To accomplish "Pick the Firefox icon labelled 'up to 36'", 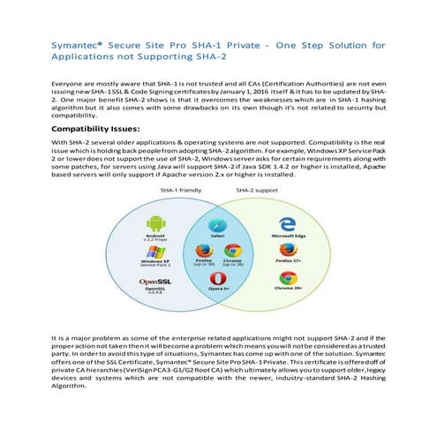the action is [201, 250].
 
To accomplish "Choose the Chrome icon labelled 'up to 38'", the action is [234, 250].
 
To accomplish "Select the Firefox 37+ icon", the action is [290, 252].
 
